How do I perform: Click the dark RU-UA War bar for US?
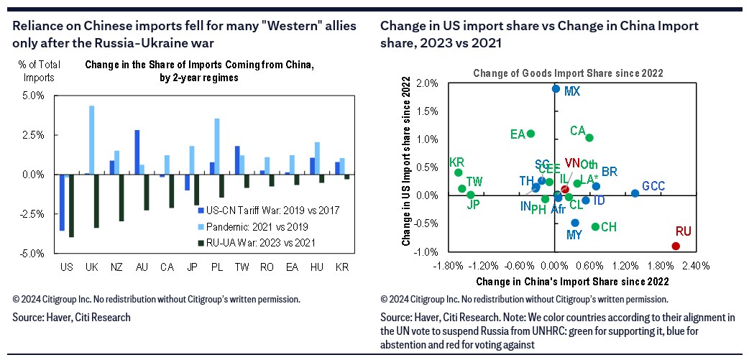[x=70, y=206]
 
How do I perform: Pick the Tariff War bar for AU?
[x=137, y=152]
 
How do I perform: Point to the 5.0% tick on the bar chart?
[x=34, y=96]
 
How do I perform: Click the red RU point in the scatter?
[x=676, y=246]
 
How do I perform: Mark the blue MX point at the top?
[x=556, y=89]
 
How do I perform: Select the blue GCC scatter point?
[x=635, y=193]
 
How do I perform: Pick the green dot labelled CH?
[x=595, y=226]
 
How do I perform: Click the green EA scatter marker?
[x=530, y=134]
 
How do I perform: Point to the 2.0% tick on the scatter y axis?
[x=426, y=83]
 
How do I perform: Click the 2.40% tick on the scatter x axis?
[x=695, y=265]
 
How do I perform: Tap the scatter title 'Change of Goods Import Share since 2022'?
[x=567, y=73]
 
